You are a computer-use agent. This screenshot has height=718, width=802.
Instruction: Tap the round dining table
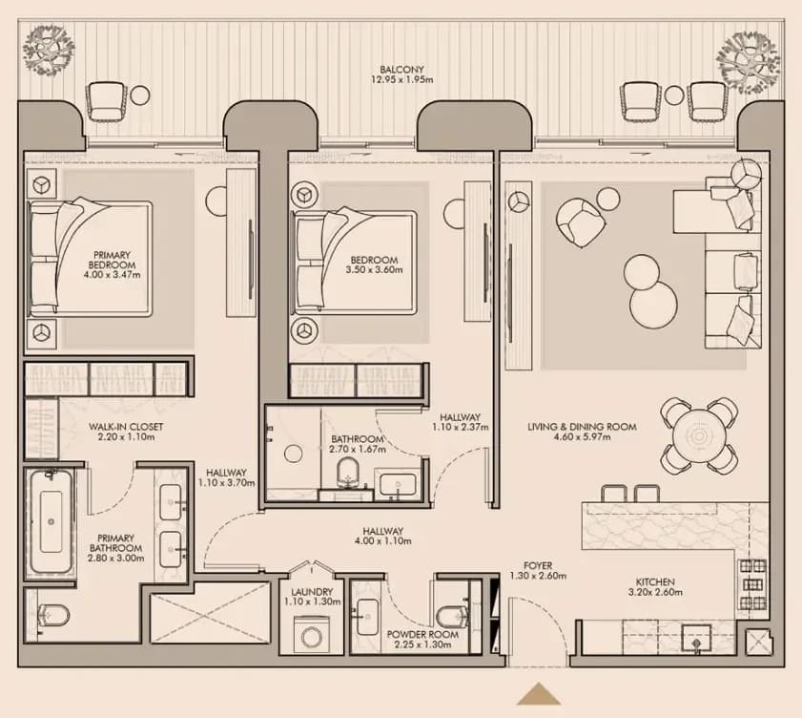[699, 435]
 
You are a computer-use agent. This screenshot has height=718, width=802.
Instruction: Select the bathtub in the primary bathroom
[51, 522]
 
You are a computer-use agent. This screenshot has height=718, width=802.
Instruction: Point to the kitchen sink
[696, 639]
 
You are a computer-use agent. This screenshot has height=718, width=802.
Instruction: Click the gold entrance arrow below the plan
[539, 695]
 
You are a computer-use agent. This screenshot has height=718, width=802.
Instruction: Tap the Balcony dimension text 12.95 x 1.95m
[402, 80]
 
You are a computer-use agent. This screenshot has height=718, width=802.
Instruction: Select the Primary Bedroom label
[112, 260]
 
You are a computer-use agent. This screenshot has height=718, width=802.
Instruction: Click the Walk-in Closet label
[126, 427]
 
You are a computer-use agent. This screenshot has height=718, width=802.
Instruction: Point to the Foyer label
[538, 566]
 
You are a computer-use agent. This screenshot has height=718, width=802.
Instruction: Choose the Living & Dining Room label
[582, 427]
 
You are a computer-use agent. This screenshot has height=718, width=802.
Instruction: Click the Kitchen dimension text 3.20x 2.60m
[655, 593]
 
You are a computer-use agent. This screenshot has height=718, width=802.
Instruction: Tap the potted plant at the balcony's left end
[49, 49]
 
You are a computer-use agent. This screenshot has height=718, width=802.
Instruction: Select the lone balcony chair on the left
[106, 101]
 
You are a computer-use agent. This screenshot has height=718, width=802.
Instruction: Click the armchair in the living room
[581, 222]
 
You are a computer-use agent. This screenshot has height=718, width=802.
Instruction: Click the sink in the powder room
[367, 617]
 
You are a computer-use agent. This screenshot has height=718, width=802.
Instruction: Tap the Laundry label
[312, 592]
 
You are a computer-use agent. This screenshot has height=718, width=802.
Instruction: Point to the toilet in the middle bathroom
[349, 474]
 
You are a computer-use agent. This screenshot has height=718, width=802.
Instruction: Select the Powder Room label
[422, 634]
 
